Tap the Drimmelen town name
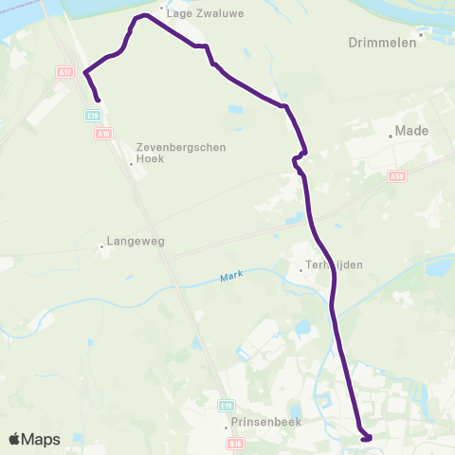(x=383, y=43)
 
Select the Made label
(x=412, y=131)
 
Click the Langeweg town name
(x=136, y=241)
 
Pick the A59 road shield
(x=396, y=174)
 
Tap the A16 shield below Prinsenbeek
(x=236, y=443)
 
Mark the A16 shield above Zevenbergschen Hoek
(x=103, y=134)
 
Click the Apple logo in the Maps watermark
(x=15, y=439)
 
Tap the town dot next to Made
(x=390, y=136)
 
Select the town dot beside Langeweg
(x=101, y=248)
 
